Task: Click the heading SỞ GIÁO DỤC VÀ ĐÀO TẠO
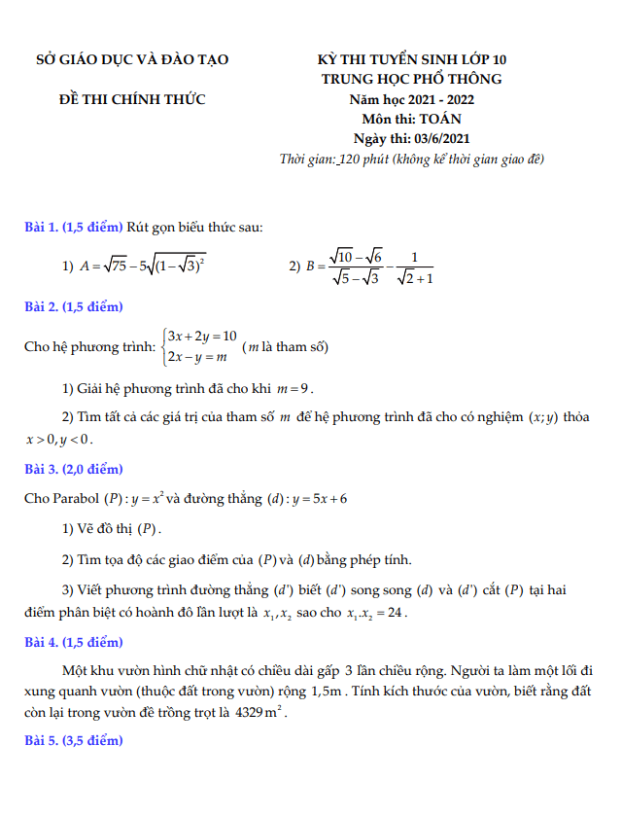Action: tap(132, 60)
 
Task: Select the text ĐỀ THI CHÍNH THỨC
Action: tap(132, 99)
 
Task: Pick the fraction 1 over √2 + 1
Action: tap(415, 267)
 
